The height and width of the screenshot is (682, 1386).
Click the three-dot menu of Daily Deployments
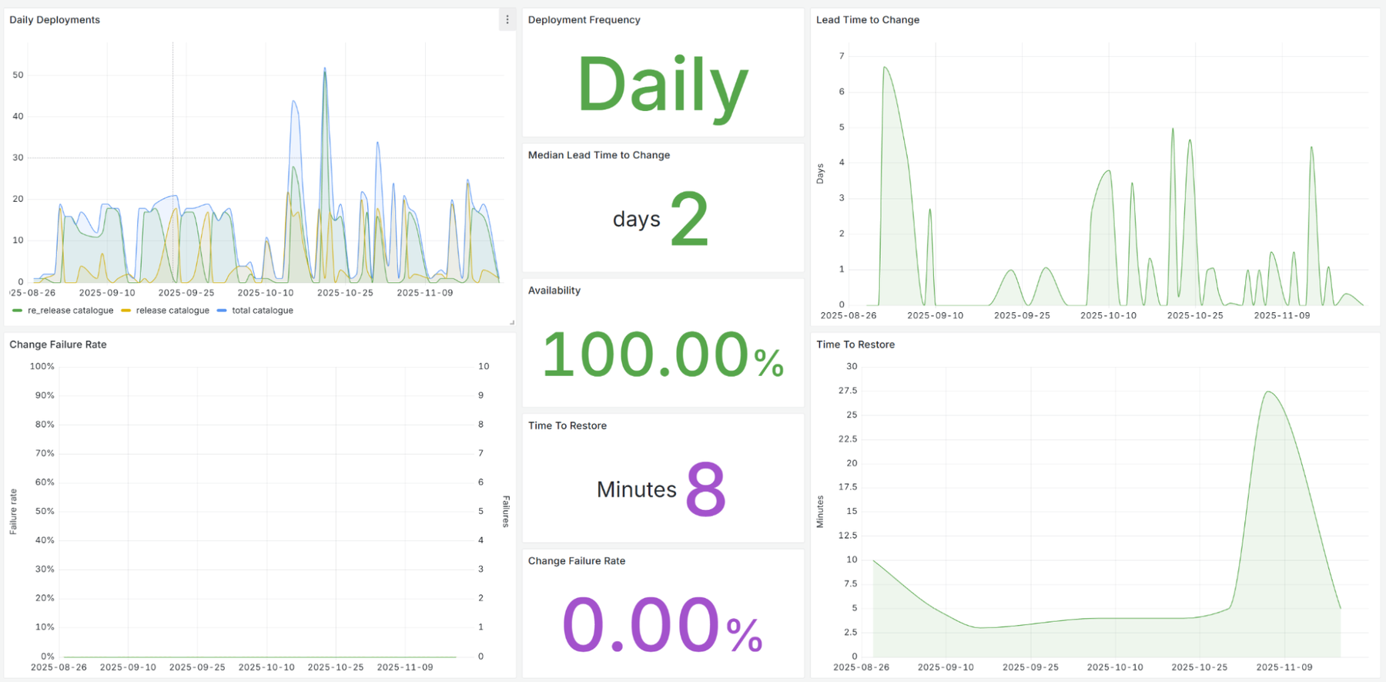(x=507, y=20)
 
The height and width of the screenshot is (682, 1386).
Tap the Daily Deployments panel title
(x=55, y=20)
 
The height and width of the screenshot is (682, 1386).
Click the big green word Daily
(x=662, y=85)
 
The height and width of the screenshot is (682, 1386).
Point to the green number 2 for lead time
(x=689, y=220)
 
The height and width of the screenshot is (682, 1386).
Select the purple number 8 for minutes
(x=705, y=489)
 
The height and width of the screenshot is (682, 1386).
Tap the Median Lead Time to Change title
(x=599, y=155)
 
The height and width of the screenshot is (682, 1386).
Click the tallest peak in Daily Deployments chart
(x=325, y=69)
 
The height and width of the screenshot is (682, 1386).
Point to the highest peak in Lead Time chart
(x=885, y=68)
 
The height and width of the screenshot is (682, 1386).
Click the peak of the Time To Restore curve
(x=1268, y=392)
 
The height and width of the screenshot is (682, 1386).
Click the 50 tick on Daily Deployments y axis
(x=18, y=75)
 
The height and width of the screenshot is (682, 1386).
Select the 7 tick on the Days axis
(x=842, y=55)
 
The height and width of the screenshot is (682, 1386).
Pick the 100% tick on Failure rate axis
(x=42, y=366)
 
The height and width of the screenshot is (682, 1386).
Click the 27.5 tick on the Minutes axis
(x=848, y=391)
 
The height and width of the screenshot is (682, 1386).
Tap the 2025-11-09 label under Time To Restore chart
(x=1284, y=667)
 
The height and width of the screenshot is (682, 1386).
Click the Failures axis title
(x=506, y=511)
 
